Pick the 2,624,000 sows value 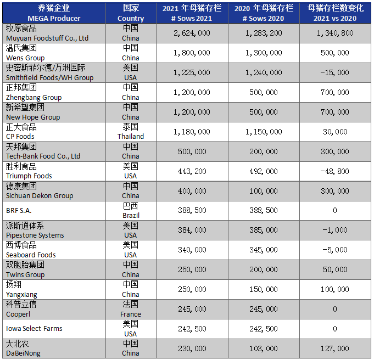pos(191,33)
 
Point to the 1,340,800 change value pos(335,33)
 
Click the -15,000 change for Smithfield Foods pos(335,72)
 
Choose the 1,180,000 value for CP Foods pos(191,132)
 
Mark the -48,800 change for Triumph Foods pos(335,171)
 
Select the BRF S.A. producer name pos(19,211)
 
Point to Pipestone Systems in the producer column pos(35,235)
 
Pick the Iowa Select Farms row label pos(34,329)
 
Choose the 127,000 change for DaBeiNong pos(335,348)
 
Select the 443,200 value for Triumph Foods pos(191,171)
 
